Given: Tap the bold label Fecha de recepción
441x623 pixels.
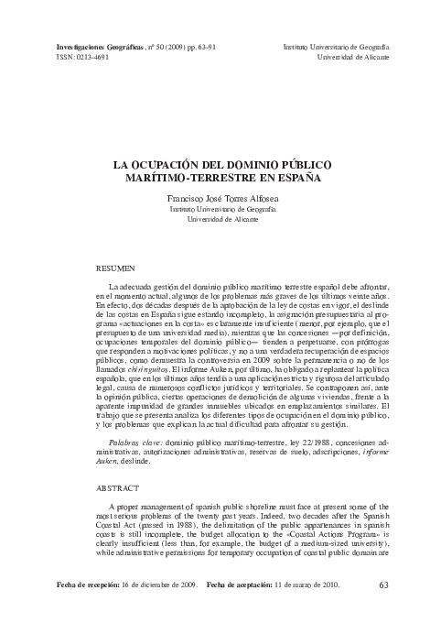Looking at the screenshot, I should pyautogui.click(x=75, y=608).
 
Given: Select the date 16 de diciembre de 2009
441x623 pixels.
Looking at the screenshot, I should pyautogui.click(x=157, y=608).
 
